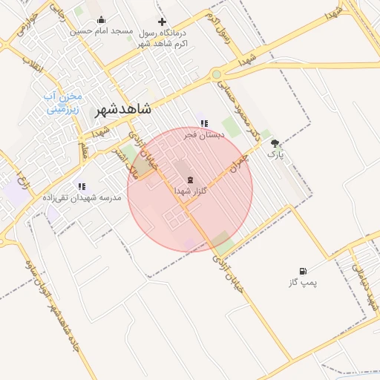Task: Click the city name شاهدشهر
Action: point(122,109)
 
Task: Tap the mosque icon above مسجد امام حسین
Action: point(102,20)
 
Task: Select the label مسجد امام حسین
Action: point(101,31)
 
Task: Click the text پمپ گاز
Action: point(302,283)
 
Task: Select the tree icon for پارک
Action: point(275,143)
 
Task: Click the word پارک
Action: point(275,155)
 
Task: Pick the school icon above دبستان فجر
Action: point(204,123)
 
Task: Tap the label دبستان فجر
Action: point(203,135)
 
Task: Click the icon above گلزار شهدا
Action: point(189,180)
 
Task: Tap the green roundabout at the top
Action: point(216,74)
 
